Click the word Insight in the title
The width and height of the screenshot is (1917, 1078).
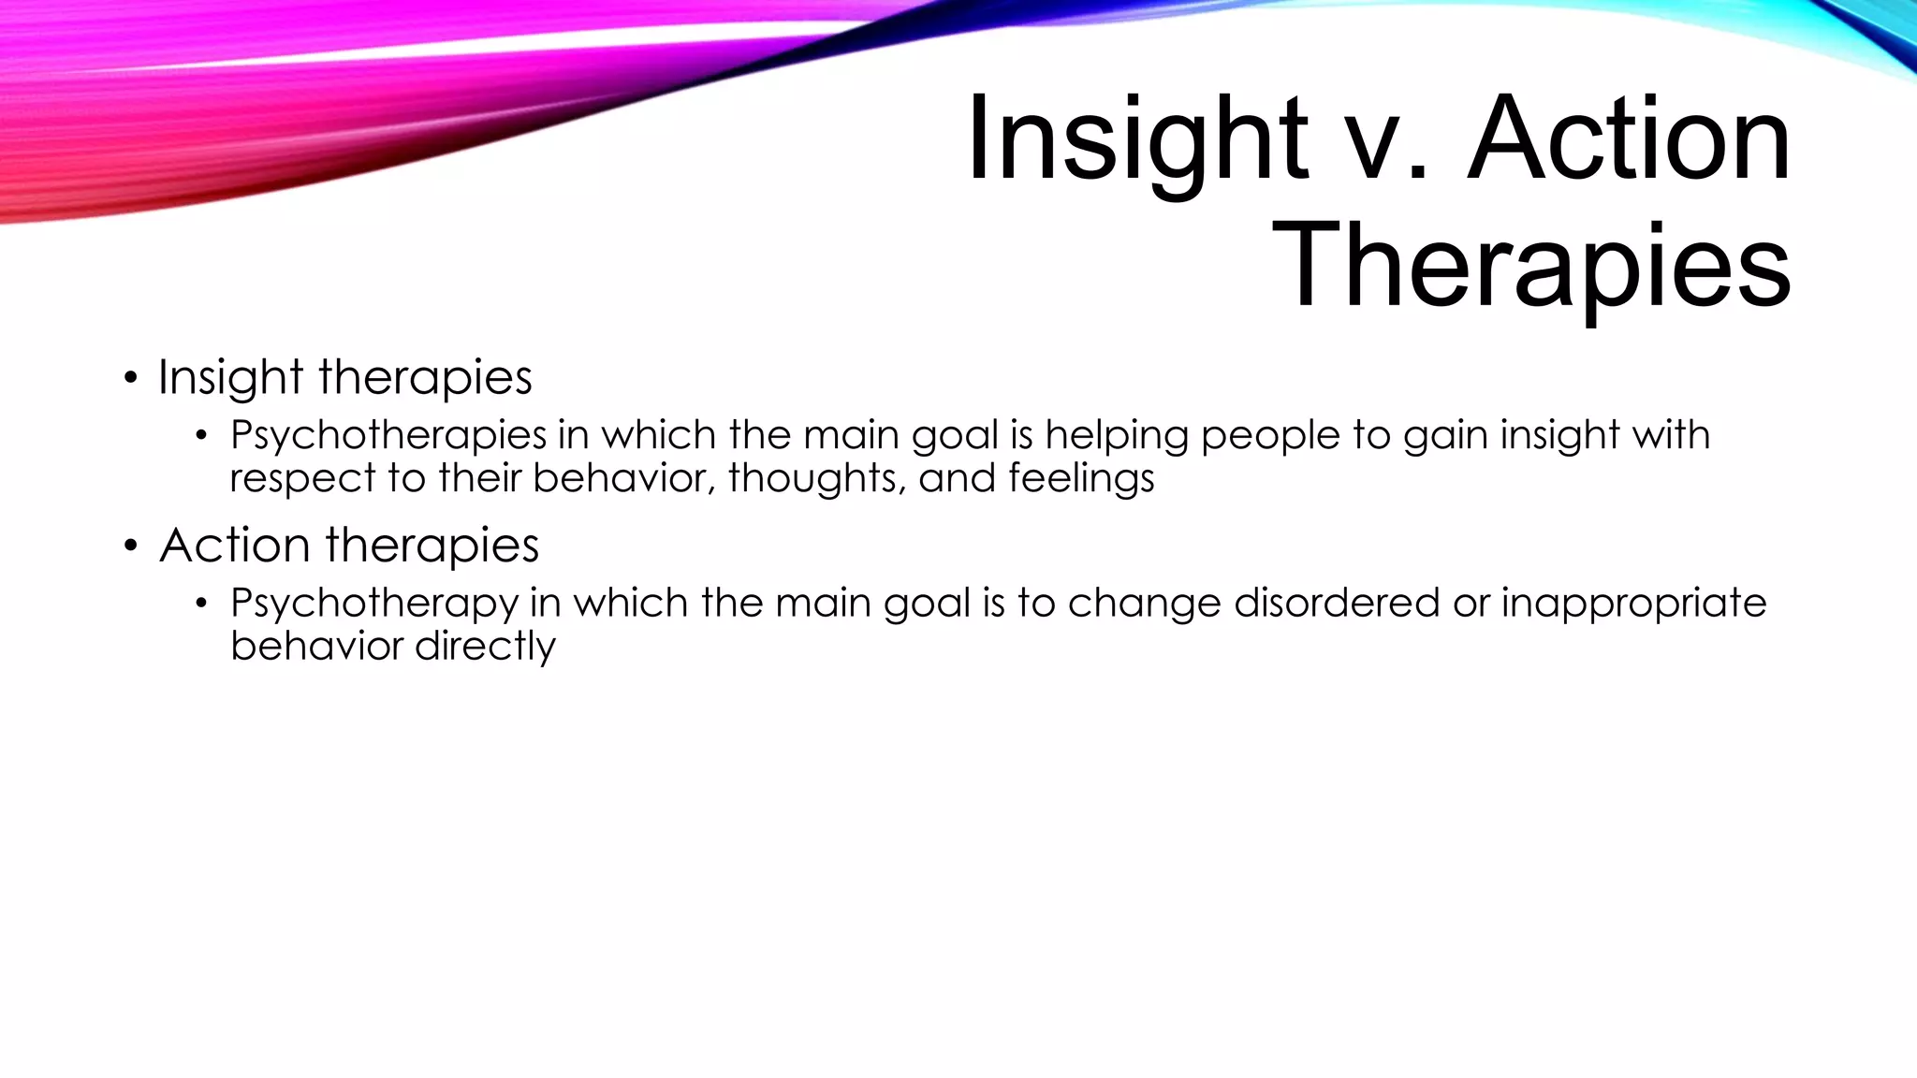(1137, 140)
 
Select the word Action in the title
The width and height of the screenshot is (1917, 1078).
(1629, 140)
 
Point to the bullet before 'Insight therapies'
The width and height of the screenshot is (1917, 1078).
(131, 379)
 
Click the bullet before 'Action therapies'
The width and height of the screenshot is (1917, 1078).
(131, 546)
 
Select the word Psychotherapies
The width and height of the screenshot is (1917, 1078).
(388, 436)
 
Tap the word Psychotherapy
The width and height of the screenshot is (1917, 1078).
(374, 604)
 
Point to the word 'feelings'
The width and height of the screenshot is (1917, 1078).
(1081, 478)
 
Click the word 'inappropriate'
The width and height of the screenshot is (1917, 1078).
(1633, 604)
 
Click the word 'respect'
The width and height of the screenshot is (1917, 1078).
(302, 479)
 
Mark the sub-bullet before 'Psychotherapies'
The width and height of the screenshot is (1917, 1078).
(200, 436)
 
